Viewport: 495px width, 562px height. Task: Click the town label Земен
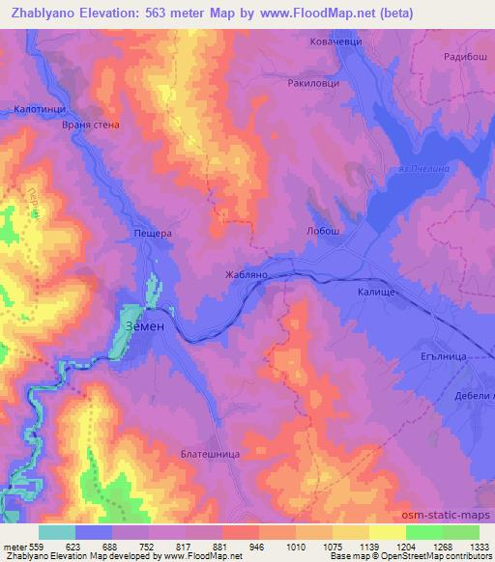(x=148, y=326)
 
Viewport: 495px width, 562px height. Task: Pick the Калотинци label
(x=39, y=110)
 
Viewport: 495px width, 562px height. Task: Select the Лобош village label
(x=323, y=231)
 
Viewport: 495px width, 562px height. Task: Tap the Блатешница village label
(x=209, y=452)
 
